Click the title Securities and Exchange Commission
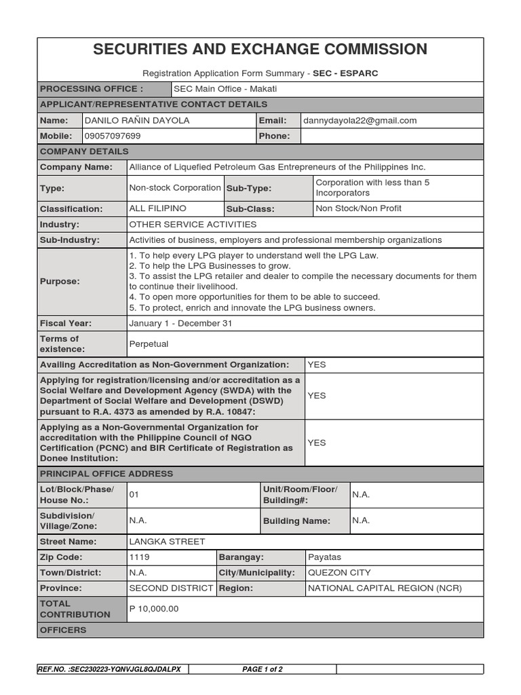[260, 50]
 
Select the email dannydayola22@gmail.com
[360, 120]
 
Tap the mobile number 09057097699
[113, 136]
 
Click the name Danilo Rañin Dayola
[137, 120]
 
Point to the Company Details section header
[84, 151]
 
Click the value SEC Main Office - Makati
[225, 89]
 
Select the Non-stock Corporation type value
[174, 187]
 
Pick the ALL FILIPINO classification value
[157, 208]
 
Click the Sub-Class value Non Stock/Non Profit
[358, 208]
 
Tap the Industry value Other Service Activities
[193, 224]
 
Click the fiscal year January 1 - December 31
[180, 323]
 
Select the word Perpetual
[149, 344]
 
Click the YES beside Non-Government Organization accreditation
[317, 364]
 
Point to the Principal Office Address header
[107, 474]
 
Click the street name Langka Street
[167, 542]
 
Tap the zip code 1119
[139, 557]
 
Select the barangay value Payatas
[325, 557]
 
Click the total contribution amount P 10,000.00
[154, 609]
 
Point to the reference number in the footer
[110, 669]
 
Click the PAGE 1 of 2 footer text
[263, 669]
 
